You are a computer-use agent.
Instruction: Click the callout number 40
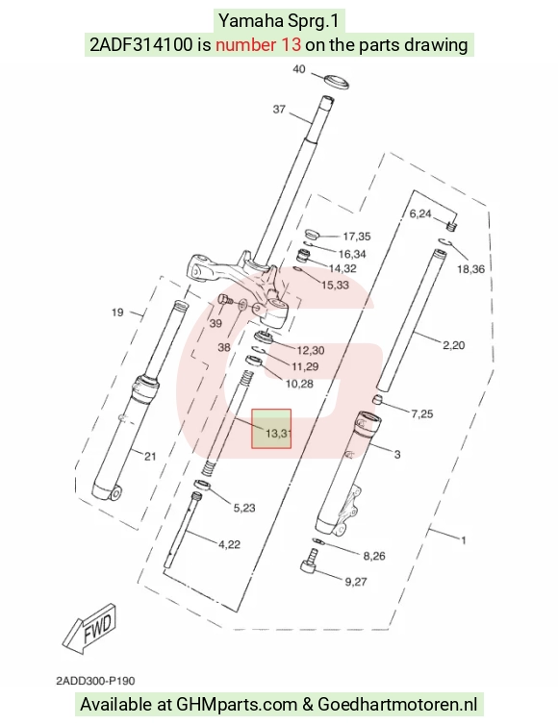299,69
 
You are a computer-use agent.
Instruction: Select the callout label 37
279,110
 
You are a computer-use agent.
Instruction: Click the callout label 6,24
420,213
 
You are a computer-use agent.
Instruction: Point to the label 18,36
470,268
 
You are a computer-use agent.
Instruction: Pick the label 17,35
357,237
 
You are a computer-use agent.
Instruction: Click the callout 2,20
453,345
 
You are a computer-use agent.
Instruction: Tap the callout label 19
117,312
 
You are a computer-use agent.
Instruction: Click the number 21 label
150,457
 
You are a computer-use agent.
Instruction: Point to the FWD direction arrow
89,629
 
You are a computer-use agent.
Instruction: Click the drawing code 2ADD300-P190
95,681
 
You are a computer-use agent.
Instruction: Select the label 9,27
356,582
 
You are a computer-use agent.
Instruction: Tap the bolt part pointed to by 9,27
310,560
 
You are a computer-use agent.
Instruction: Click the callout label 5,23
243,508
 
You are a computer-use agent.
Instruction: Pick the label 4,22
230,544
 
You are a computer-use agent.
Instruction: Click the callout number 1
463,539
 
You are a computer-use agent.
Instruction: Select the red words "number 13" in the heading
258,45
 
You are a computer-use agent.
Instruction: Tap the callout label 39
216,323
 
